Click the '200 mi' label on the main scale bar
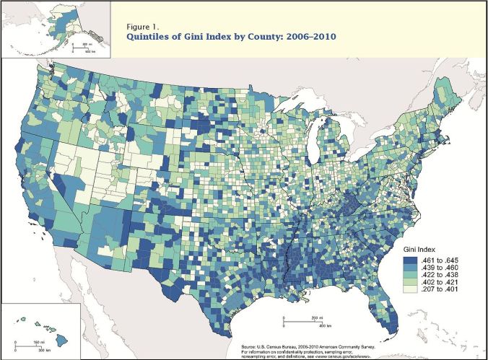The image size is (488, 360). [x=315, y=317]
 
